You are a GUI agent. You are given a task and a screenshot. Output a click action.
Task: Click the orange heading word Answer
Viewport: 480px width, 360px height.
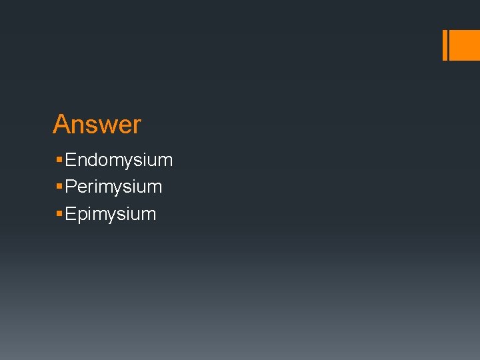[x=97, y=125]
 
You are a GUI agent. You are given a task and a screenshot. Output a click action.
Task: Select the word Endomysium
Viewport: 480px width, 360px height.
[x=119, y=160]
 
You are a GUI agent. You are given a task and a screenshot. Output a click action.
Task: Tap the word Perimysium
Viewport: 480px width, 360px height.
[x=114, y=187]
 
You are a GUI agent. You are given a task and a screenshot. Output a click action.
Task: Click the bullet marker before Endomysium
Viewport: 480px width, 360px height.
[x=59, y=160]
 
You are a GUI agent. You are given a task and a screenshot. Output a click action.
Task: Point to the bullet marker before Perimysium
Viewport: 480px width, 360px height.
[x=59, y=187]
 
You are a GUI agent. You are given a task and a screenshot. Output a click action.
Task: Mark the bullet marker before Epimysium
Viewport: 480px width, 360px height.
[x=59, y=214]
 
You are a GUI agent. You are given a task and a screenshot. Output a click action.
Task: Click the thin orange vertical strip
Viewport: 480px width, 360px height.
[x=445, y=45]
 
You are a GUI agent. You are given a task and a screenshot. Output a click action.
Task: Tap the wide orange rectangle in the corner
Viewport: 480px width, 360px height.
[x=465, y=45]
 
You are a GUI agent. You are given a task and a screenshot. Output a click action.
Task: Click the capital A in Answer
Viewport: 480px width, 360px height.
[x=61, y=125]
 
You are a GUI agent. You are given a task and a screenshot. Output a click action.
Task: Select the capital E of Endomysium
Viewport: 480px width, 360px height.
[x=71, y=160]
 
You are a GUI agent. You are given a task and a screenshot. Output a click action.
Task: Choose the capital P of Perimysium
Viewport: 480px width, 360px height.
[x=71, y=187]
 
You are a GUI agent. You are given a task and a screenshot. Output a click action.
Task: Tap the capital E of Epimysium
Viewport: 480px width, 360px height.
[x=71, y=214]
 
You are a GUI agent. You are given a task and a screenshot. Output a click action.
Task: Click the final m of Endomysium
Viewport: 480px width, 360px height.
[x=166, y=161]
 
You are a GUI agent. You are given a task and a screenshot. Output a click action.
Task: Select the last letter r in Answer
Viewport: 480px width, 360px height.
[x=137, y=126]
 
